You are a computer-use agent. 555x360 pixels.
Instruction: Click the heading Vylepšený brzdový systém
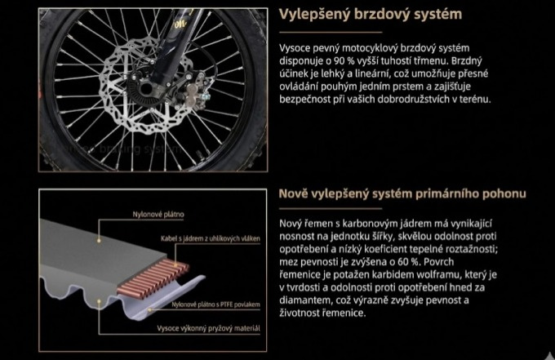click(x=371, y=14)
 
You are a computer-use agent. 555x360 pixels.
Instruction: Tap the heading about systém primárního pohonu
click(x=402, y=193)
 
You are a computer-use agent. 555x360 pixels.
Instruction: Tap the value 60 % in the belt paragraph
click(x=402, y=261)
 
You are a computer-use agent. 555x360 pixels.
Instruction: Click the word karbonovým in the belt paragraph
click(x=367, y=222)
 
